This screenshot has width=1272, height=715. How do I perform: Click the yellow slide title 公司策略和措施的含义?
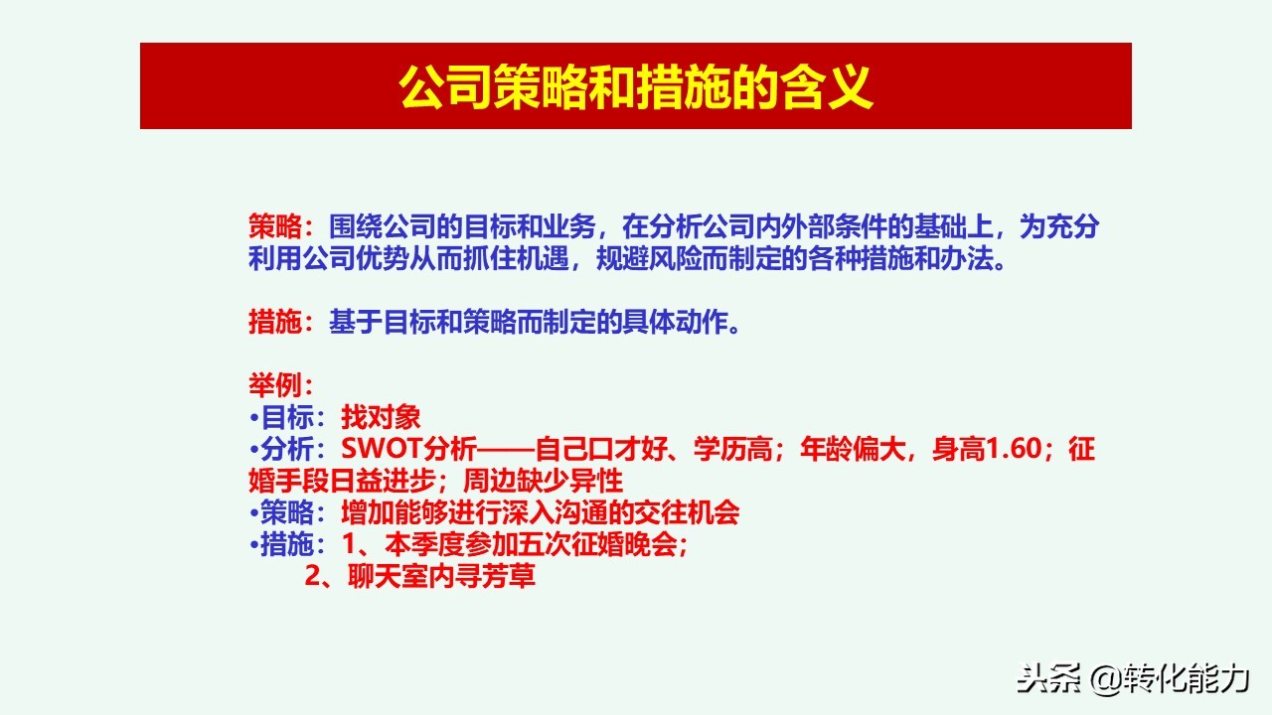[635, 87]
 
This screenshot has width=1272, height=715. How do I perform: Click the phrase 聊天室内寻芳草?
[441, 577]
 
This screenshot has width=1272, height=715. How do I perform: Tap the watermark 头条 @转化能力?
[1131, 678]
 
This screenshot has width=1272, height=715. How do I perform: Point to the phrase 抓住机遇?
[529, 259]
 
